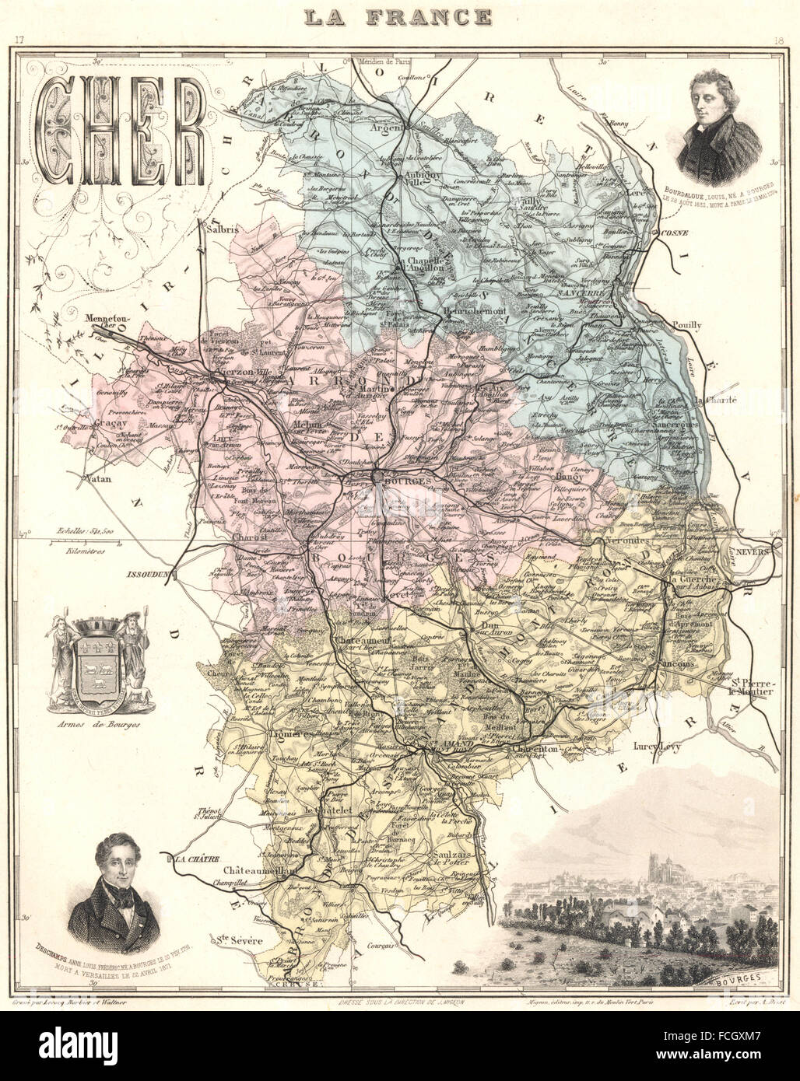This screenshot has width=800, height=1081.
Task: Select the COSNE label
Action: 674,231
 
